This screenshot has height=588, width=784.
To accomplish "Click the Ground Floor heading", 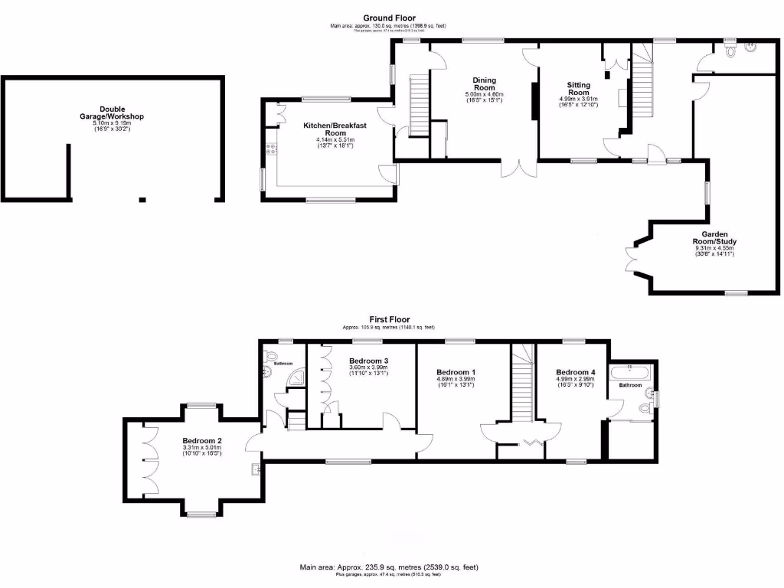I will (x=390, y=18).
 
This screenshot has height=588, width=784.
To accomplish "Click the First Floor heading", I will (x=390, y=319).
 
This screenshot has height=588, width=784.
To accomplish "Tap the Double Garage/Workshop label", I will (x=112, y=113).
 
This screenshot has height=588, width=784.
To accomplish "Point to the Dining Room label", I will (x=484, y=83).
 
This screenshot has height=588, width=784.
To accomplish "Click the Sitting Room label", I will (x=578, y=88).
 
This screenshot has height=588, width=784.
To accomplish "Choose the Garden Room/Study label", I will (x=714, y=237).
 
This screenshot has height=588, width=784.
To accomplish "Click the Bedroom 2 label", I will (x=202, y=441).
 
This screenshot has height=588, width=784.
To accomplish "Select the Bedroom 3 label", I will (x=369, y=361).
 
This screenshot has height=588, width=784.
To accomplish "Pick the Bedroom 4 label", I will (x=574, y=372).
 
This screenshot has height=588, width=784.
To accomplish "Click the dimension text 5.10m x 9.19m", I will (x=112, y=123).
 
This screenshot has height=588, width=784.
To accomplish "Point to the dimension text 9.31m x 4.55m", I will (x=714, y=248).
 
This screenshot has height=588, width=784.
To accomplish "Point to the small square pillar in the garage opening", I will (x=142, y=200).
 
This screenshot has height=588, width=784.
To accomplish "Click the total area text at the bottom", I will (x=390, y=567).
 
